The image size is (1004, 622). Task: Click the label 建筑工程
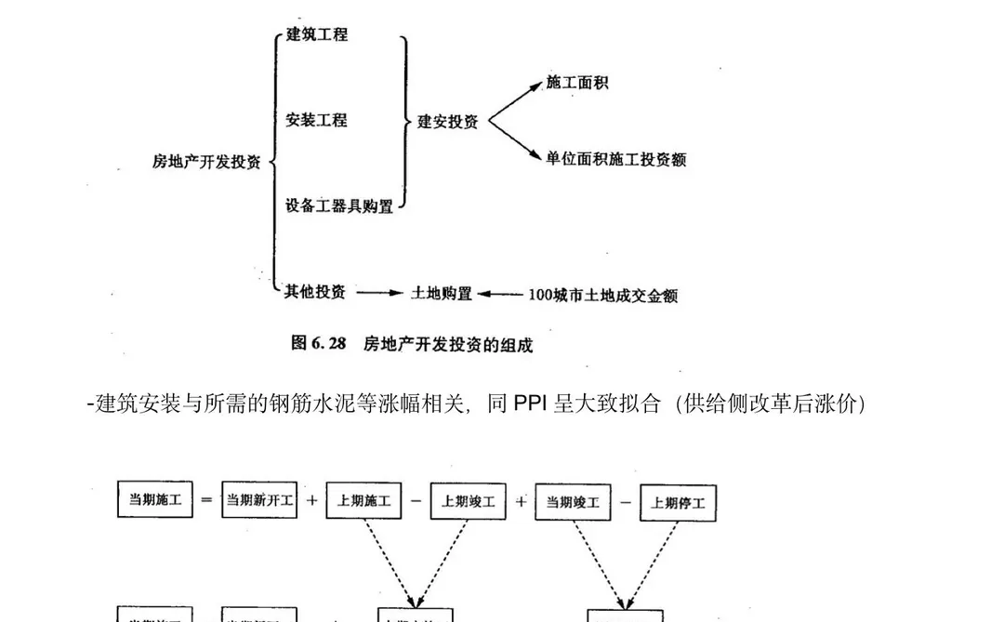pos(316,34)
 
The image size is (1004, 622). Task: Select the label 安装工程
pos(316,120)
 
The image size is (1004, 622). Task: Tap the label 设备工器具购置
pos(339,205)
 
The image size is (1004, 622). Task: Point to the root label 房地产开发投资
pos(206,161)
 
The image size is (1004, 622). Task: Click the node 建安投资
pos(447,121)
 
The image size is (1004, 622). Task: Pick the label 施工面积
pos(577,83)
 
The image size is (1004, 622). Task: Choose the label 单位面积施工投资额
pos(616,159)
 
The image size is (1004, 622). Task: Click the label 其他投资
pos(315,292)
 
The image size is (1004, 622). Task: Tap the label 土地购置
pos(442,293)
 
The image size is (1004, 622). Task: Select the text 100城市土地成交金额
pos(602,295)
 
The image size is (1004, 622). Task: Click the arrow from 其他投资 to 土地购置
pos(378,293)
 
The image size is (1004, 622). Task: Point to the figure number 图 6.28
pos(318,343)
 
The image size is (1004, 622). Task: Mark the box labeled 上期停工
pos(679,503)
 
